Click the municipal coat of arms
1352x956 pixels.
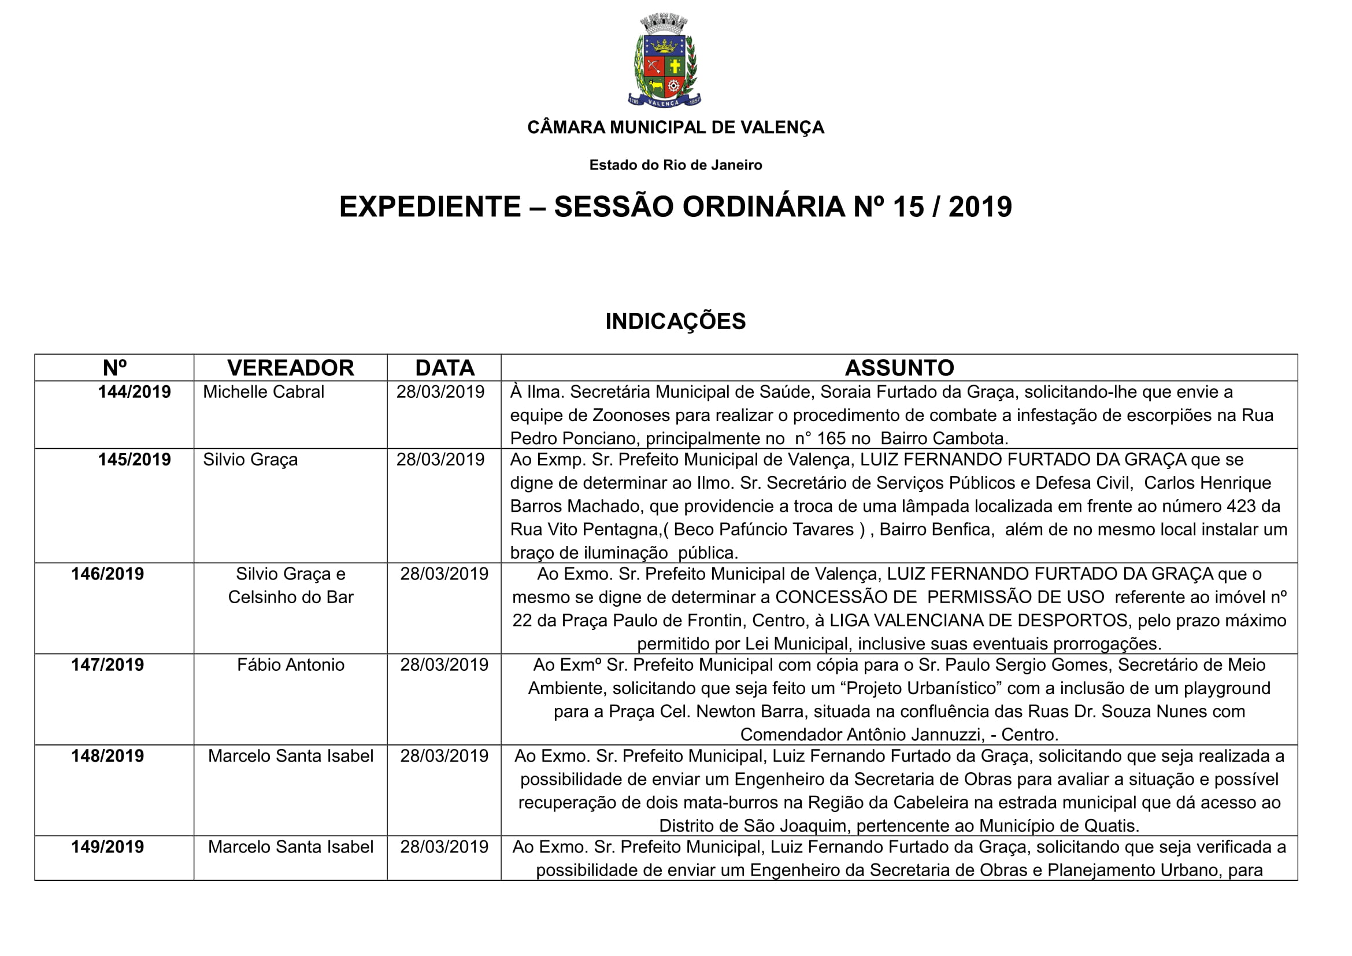coord(664,61)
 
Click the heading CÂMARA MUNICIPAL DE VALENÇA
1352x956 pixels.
coord(675,127)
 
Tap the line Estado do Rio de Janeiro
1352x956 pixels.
coord(675,165)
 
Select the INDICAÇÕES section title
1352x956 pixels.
coord(675,322)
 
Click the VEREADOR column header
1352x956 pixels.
coord(290,368)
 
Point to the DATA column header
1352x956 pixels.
coord(445,368)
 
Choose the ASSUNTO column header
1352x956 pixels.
coord(899,368)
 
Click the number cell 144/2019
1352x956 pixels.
coord(134,392)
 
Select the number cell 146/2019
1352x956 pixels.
coord(108,574)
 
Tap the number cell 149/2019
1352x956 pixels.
coord(108,847)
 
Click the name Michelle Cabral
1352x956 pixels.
coord(263,392)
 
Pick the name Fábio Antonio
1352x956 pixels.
coord(290,665)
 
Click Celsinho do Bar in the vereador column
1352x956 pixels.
coord(290,597)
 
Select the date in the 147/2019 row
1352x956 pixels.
coord(444,665)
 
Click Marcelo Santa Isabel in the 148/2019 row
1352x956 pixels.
coord(290,756)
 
